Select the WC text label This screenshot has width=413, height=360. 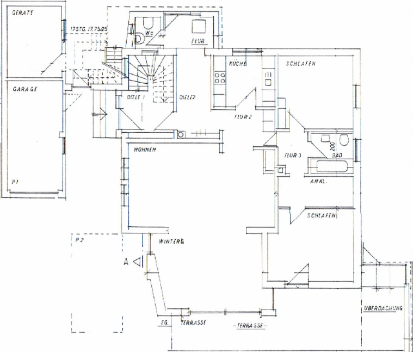149,33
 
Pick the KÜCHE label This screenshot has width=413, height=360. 238,64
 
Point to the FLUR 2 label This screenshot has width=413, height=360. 242,116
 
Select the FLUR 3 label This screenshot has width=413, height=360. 293,156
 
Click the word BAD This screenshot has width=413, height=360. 337,156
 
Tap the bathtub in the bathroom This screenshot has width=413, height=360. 330,166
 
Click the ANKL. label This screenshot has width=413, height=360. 318,181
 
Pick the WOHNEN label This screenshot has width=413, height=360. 144,150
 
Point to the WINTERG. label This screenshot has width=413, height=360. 171,241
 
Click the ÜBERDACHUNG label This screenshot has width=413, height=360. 383,309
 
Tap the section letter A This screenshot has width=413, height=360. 126,262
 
